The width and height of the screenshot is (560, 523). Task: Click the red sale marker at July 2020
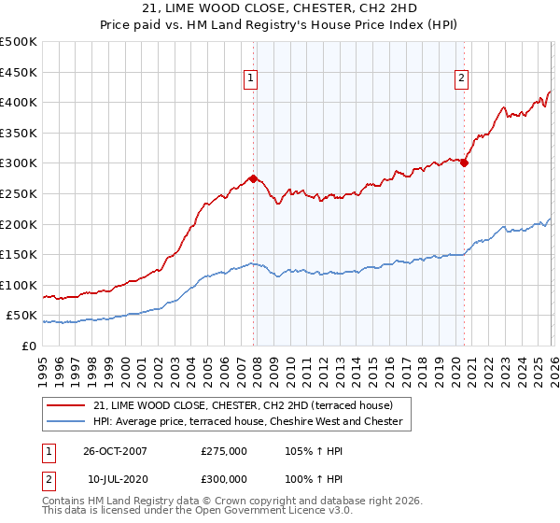tap(464, 163)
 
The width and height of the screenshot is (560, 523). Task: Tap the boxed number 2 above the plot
tap(462, 79)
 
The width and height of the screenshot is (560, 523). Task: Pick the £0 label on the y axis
tap(29, 346)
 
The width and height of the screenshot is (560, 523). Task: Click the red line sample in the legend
tap(68, 405)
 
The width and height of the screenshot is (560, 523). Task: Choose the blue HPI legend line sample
tap(68, 422)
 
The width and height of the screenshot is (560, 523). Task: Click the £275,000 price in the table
tap(224, 450)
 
